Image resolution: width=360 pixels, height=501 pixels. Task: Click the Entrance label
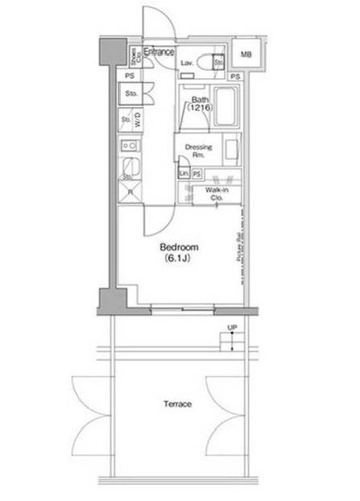click(x=159, y=52)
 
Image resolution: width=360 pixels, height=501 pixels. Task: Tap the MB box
click(x=246, y=55)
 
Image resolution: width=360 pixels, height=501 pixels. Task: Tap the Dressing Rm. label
click(x=198, y=151)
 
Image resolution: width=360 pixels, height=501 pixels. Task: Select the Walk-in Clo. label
click(x=215, y=193)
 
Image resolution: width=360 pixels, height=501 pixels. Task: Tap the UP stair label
click(x=233, y=327)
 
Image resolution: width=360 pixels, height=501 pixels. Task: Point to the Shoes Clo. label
click(x=134, y=56)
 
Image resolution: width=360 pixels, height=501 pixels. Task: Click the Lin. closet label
click(x=183, y=174)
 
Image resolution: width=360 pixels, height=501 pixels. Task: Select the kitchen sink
click(x=130, y=169)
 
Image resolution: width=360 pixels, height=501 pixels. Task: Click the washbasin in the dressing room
click(x=230, y=151)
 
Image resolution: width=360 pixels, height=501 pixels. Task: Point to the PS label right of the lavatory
click(x=235, y=77)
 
